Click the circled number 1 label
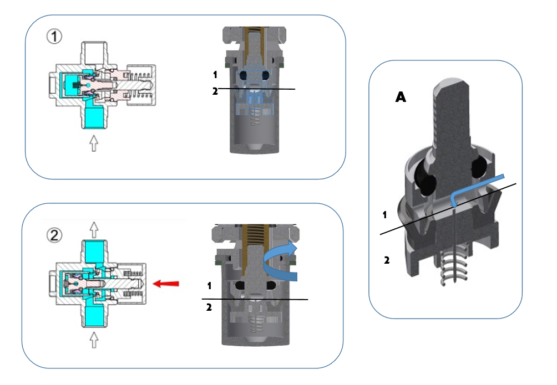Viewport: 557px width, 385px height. coord(54,37)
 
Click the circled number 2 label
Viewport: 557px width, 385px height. coord(53,235)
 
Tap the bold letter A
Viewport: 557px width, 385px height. coord(401,97)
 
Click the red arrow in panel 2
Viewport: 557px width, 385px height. coord(166,284)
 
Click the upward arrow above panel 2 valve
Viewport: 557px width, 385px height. coord(94,227)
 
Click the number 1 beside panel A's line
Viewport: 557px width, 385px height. coord(384,214)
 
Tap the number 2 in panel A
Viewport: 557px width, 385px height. coord(386,259)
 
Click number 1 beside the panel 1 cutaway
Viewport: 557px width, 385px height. coord(215,74)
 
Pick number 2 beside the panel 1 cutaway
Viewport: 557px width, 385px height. coord(215,91)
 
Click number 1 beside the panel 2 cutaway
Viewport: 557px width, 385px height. coord(209,286)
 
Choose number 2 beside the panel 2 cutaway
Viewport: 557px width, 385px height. coord(209,307)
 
